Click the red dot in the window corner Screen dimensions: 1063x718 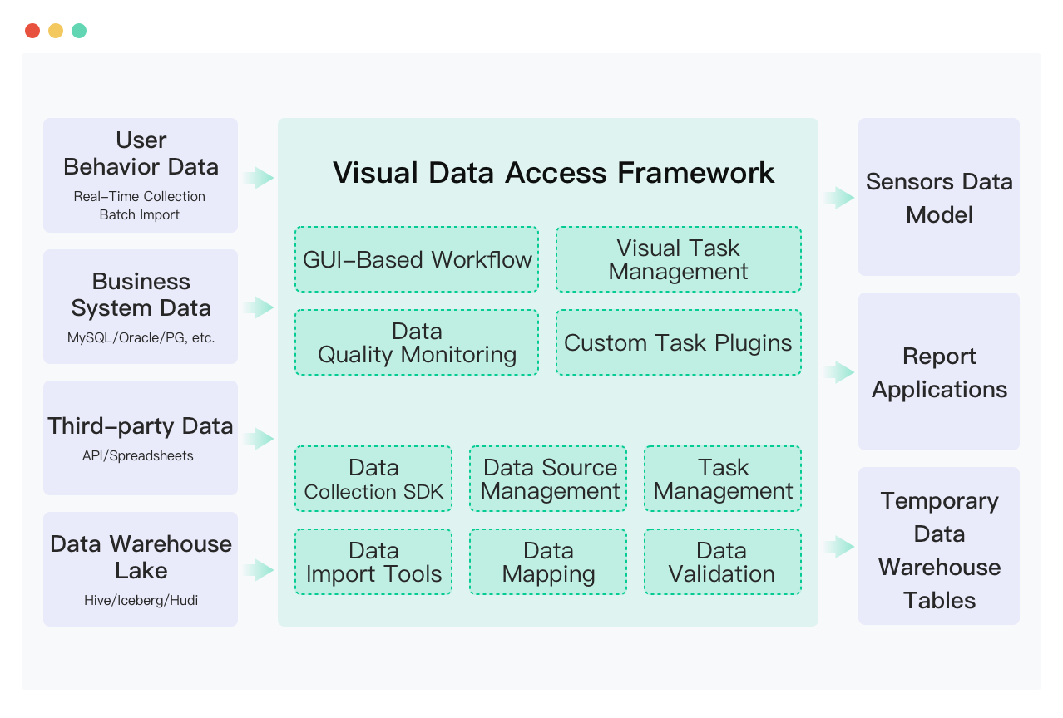tap(32, 31)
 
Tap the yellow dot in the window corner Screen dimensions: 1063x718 tap(56, 31)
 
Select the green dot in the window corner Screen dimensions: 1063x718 tap(79, 31)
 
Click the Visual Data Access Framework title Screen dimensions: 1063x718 tap(553, 173)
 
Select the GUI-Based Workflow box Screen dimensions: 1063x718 tap(417, 259)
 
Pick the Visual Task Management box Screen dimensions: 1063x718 tap(679, 259)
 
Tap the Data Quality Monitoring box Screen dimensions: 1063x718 tap(417, 342)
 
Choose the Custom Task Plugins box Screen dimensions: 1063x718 tap(679, 342)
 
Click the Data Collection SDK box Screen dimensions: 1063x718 tap(373, 479)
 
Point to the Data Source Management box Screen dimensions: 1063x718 tap(548, 479)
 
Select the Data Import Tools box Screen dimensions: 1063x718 tap(373, 562)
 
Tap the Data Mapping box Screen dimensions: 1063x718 tap(548, 562)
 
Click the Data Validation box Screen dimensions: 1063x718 tap(723, 562)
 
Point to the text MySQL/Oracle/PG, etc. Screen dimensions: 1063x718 tap(141, 337)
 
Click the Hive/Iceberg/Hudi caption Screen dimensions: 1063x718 tap(141, 600)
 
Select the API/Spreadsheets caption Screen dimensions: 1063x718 tap(137, 455)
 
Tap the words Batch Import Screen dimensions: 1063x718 tap(140, 215)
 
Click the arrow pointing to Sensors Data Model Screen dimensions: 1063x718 tap(839, 197)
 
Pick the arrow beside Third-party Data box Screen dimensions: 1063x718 tap(258, 439)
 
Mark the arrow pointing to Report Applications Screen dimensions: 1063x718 tap(839, 371)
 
